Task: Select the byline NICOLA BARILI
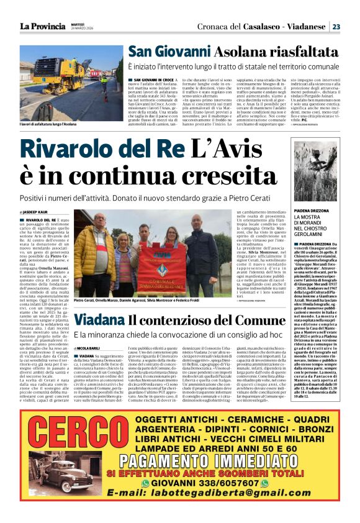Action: (90, 331)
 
